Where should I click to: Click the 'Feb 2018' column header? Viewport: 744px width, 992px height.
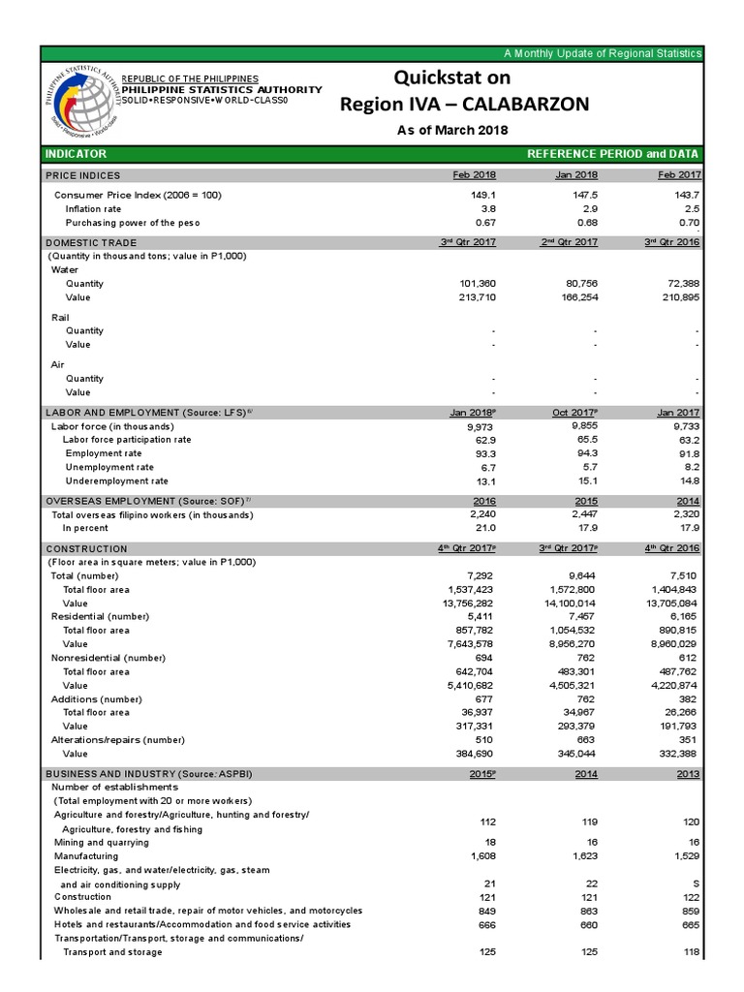click(475, 175)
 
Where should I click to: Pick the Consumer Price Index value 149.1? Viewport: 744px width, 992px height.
click(482, 195)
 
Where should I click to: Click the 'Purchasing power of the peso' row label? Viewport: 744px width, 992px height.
click(133, 223)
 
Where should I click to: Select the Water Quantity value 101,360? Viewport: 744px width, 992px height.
click(474, 284)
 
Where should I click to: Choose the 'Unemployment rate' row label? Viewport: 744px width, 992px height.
click(109, 467)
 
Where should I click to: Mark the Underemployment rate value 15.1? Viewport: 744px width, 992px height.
click(586, 480)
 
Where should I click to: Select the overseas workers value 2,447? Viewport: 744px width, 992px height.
click(582, 514)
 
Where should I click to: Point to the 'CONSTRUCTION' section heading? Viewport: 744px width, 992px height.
click(86, 548)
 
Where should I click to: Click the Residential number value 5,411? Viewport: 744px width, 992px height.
click(481, 616)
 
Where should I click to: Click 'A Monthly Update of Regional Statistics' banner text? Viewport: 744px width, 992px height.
click(602, 52)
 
